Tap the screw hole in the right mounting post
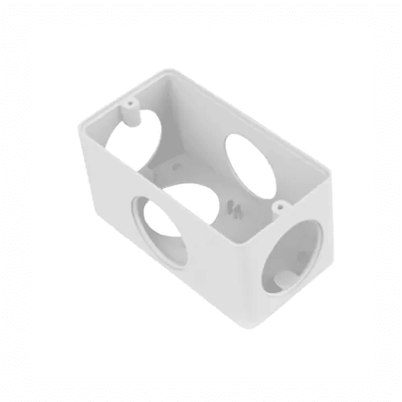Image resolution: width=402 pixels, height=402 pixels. click(280, 204)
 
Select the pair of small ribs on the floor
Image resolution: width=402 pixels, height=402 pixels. click(233, 208)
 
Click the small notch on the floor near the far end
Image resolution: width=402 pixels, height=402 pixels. click(177, 167)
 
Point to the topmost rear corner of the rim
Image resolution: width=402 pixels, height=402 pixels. click(168, 71)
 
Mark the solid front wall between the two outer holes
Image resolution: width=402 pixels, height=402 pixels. click(224, 270)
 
